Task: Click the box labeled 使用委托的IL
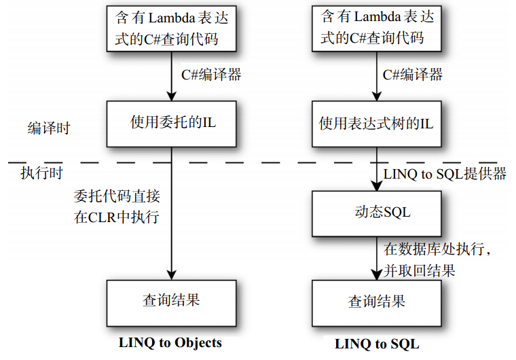172,124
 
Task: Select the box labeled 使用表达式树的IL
377,124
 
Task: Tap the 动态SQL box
377,213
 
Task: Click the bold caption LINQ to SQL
377,344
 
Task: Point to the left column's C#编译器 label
211,75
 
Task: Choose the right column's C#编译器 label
413,75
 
